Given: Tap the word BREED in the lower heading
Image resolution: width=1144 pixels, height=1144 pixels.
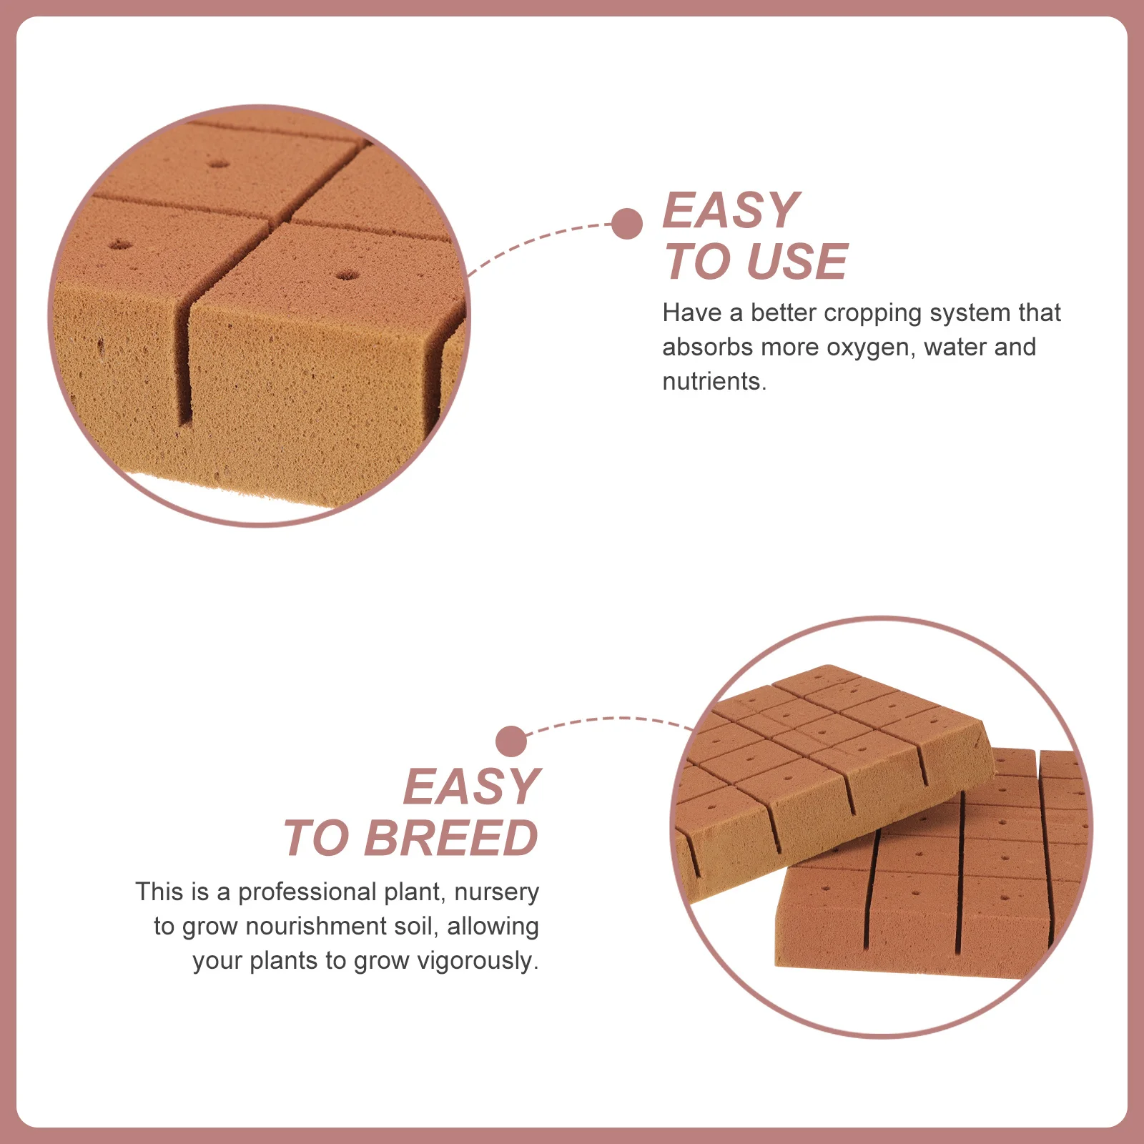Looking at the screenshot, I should (450, 838).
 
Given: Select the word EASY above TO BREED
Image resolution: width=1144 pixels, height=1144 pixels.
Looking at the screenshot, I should (471, 786).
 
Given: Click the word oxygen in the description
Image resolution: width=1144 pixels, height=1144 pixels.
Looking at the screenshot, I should (867, 347).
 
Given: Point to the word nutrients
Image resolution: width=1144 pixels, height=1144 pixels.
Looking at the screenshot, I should (714, 382).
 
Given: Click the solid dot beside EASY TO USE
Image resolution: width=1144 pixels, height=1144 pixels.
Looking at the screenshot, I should (627, 224).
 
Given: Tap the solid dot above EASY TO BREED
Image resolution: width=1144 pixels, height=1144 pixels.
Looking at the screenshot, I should (511, 741).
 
